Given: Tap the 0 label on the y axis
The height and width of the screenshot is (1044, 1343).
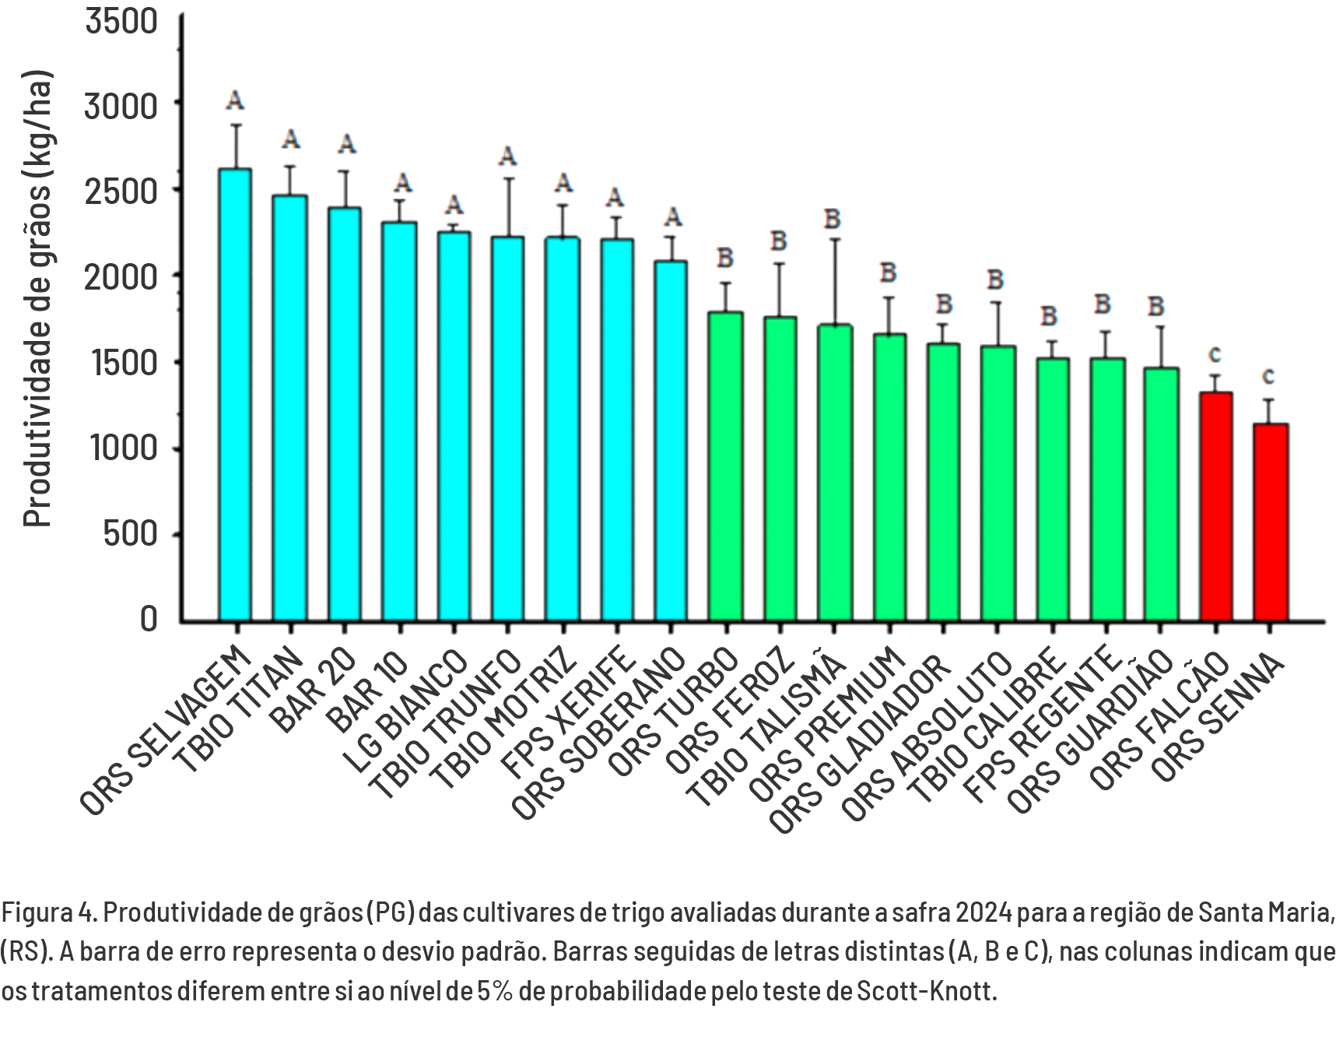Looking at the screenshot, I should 148,620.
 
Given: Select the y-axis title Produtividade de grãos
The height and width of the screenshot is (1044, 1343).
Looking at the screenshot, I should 37,300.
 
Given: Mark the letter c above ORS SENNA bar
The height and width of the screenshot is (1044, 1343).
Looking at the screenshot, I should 1268,376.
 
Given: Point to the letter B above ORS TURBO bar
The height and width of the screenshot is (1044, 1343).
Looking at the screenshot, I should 725,257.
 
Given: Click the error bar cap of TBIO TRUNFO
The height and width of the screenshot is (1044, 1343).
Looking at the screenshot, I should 508,178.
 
